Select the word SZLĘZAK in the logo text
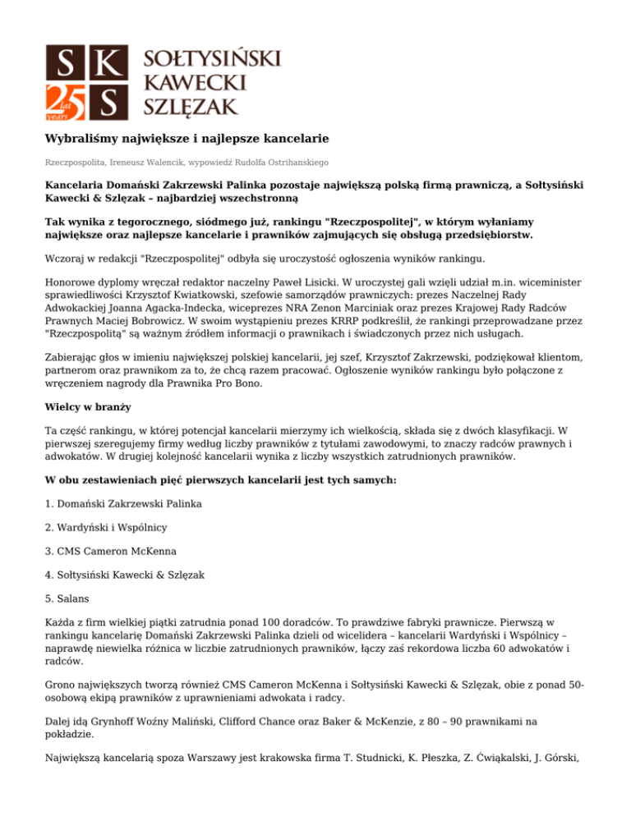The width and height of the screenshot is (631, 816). coord(191,105)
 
